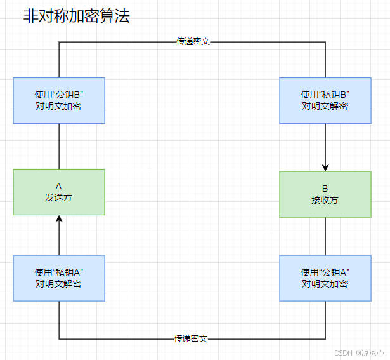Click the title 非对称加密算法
point(76,17)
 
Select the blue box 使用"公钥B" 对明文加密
point(59,100)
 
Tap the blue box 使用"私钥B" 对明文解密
point(325,100)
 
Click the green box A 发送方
point(59,192)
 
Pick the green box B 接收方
point(325,194)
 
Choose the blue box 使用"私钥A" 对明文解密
point(59,278)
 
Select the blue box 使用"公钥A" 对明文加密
point(325,278)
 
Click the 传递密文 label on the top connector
point(193,41)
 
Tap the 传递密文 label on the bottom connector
point(191,338)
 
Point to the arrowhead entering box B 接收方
point(325,167)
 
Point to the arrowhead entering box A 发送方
point(59,219)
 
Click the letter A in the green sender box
point(58,186)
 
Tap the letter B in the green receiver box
point(325,189)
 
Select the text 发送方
point(58,197)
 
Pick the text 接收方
point(325,200)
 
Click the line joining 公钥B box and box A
point(59,146)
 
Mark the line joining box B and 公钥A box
point(325,236)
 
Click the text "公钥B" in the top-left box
point(68,95)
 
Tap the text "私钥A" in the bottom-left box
point(68,272)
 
